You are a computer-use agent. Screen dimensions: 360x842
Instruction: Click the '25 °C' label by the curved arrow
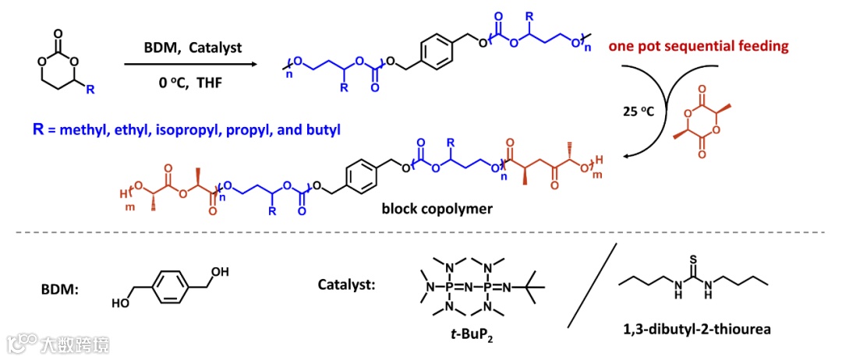(x=637, y=111)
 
